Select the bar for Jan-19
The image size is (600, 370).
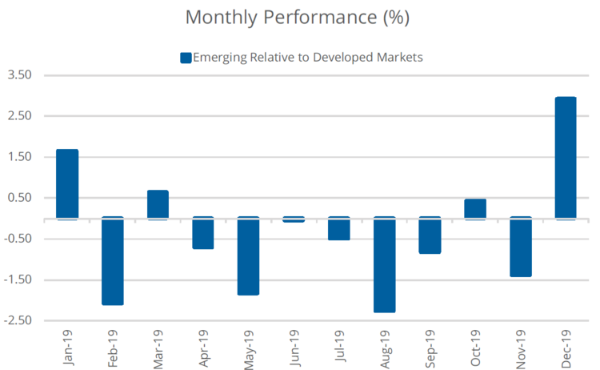[67, 184]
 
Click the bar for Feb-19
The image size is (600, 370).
[113, 261]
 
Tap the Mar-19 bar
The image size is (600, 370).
[158, 204]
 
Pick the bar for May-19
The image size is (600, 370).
[248, 256]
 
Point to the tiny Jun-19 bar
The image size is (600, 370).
[294, 219]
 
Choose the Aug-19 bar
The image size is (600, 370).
[385, 265]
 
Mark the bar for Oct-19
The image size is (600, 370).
[475, 209]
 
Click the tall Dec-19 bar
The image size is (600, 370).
[566, 158]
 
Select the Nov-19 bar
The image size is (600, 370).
[521, 247]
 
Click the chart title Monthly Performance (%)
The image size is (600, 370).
[298, 18]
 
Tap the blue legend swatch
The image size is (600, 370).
[186, 57]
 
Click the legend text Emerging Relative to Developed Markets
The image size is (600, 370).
[308, 57]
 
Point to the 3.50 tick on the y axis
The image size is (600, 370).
[19, 75]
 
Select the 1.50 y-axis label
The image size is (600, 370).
[19, 157]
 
